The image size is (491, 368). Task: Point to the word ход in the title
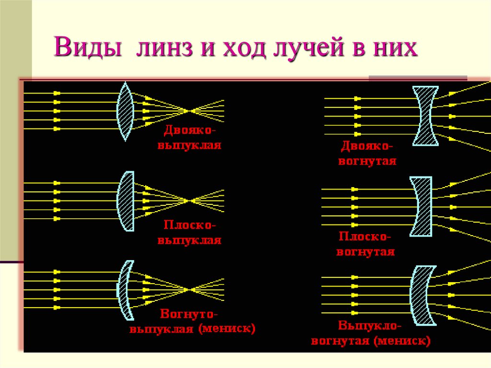coord(242,49)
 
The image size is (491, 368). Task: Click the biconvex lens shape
coord(125,111)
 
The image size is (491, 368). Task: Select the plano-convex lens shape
coord(127,201)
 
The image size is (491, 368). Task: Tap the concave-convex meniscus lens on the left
coord(125,290)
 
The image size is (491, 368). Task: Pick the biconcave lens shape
coord(425,116)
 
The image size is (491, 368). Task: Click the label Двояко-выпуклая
coord(190,138)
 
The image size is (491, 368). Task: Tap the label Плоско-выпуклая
coord(190,232)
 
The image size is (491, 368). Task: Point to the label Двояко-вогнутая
coord(367,153)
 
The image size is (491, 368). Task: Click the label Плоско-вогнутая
coord(365,244)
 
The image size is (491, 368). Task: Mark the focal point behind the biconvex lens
coord(192,111)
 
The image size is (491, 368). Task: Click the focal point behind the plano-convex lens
coord(192,201)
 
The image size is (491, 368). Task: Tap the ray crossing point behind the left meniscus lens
coord(192,289)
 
